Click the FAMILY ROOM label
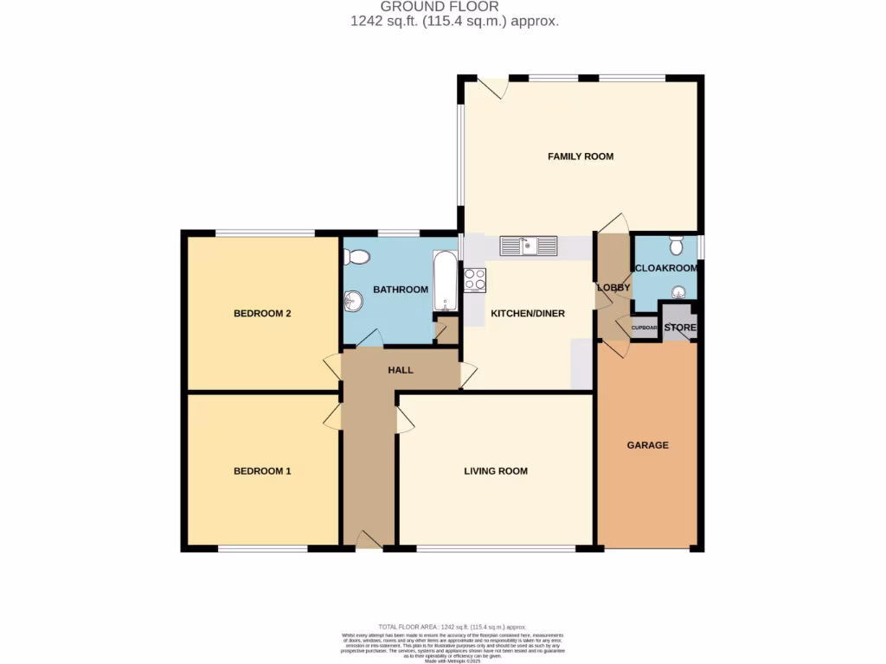(581, 156)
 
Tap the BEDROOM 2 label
(261, 313)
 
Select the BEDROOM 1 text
(261, 471)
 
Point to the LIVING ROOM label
(496, 471)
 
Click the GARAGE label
(648, 445)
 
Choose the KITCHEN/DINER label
(528, 313)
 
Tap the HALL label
(401, 370)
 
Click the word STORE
(679, 328)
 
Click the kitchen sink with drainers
(529, 246)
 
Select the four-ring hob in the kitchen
(475, 280)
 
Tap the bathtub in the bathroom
(445, 282)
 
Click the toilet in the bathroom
(356, 257)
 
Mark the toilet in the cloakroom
(677, 244)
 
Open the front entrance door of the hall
(369, 540)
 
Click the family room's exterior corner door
(495, 87)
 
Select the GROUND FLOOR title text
(440, 7)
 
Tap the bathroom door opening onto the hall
(369, 340)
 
